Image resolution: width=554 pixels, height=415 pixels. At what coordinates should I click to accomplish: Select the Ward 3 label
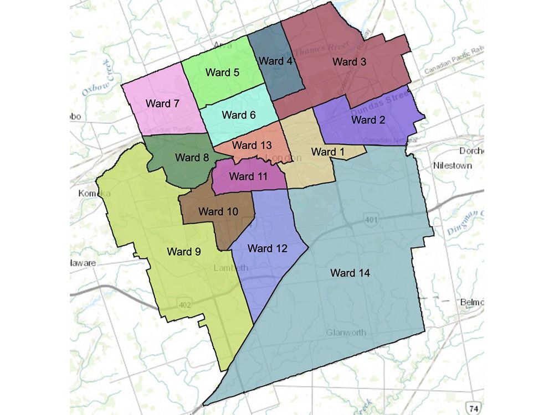click(x=349, y=62)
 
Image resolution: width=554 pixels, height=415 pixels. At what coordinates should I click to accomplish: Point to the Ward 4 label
click(x=275, y=61)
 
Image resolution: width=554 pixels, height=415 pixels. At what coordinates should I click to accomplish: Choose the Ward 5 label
click(x=222, y=72)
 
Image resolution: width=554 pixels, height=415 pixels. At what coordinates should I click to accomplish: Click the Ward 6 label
click(x=238, y=115)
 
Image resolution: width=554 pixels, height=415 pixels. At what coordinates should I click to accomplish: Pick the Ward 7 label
click(x=162, y=103)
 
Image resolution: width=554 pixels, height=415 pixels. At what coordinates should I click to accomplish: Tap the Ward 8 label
click(x=192, y=157)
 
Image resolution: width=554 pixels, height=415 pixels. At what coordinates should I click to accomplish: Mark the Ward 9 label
click(x=184, y=251)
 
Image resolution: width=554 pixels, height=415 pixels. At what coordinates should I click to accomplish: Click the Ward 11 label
click(x=248, y=177)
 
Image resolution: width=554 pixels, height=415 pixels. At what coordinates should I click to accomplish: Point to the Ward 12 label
click(x=268, y=248)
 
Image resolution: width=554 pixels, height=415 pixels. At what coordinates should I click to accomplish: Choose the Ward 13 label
click(x=252, y=146)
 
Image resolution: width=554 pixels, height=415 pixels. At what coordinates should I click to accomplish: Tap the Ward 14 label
click(x=350, y=273)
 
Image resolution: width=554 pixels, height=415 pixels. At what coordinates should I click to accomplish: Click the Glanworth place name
click(x=346, y=333)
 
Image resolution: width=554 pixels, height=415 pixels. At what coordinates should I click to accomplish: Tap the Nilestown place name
click(x=453, y=165)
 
